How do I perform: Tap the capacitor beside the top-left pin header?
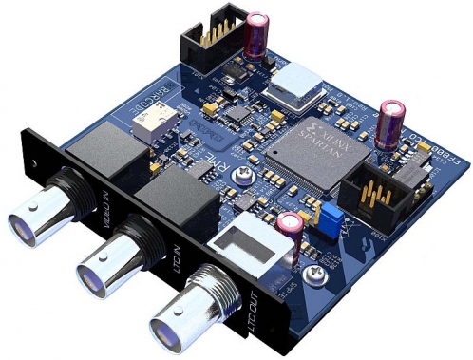tap(255, 34)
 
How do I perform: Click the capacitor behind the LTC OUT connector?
tap(290, 231)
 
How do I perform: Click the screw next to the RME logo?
tap(248, 174)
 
